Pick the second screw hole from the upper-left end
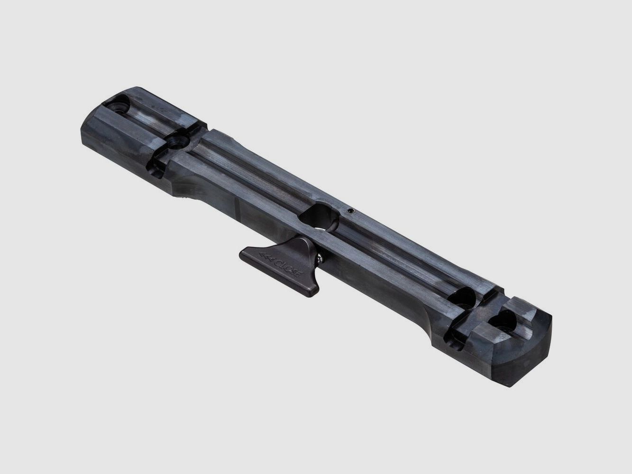point(179,140)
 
